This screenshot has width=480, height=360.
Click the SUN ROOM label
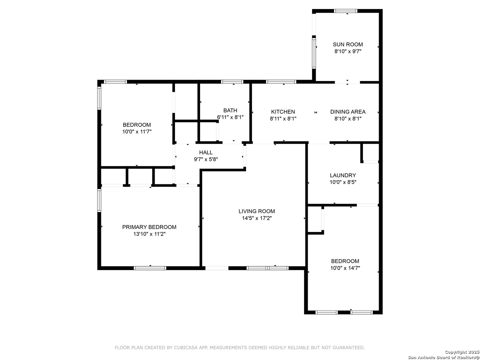348,44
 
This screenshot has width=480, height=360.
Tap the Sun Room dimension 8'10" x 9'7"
348,51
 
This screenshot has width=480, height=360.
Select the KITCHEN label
283,112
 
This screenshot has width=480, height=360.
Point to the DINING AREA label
348,112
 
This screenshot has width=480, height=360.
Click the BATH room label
230,110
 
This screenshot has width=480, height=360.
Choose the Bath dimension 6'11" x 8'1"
230,117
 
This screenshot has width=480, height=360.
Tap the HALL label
206,152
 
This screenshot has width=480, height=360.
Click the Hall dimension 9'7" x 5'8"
206,159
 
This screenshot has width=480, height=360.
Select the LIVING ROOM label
257,211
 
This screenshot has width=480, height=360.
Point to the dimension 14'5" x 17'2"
257,218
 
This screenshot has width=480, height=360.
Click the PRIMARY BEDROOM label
149,227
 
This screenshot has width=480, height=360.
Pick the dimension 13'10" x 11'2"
149,234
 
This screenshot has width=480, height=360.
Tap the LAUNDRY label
343,175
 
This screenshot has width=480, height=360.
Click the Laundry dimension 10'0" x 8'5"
343,182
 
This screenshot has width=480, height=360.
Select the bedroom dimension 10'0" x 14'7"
345,268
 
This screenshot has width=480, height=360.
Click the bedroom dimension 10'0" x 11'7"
137,132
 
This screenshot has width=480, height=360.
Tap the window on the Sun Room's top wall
346,11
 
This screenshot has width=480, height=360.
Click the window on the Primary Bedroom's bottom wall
150,268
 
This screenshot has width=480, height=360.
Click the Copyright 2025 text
462,352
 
